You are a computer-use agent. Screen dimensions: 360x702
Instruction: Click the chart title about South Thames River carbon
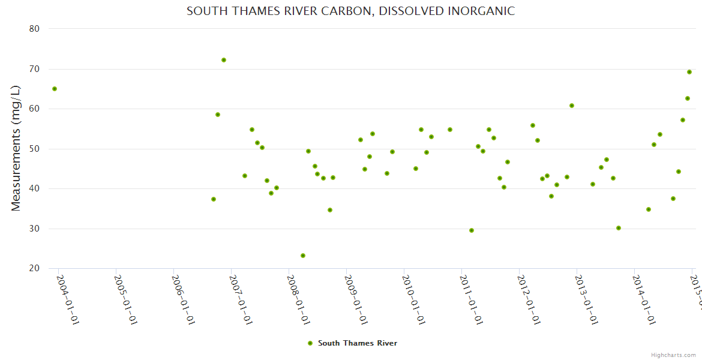click(x=350, y=11)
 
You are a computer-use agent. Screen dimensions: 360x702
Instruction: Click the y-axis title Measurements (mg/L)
click(x=16, y=148)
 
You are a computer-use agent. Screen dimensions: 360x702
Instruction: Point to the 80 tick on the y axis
click(x=34, y=29)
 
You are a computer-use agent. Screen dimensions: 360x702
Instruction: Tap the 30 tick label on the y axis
click(x=34, y=229)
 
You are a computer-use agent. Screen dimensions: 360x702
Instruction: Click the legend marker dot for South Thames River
click(x=310, y=343)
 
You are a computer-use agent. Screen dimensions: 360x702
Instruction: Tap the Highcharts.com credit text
click(x=673, y=355)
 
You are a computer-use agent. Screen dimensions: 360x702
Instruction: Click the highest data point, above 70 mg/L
click(x=224, y=60)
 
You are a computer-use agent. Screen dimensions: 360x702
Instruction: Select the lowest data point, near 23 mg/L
click(x=303, y=256)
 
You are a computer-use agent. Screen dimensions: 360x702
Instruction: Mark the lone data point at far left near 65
click(x=55, y=89)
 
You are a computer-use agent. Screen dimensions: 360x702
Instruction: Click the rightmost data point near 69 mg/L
click(x=689, y=72)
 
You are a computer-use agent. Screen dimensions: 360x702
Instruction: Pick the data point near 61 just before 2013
click(x=572, y=106)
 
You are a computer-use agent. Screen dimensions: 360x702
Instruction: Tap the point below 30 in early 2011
click(x=472, y=230)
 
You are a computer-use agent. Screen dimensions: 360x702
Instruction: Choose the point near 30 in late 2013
click(x=619, y=228)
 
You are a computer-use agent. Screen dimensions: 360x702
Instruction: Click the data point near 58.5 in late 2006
click(x=218, y=115)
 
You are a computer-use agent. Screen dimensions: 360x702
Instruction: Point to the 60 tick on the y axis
click(x=34, y=109)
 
